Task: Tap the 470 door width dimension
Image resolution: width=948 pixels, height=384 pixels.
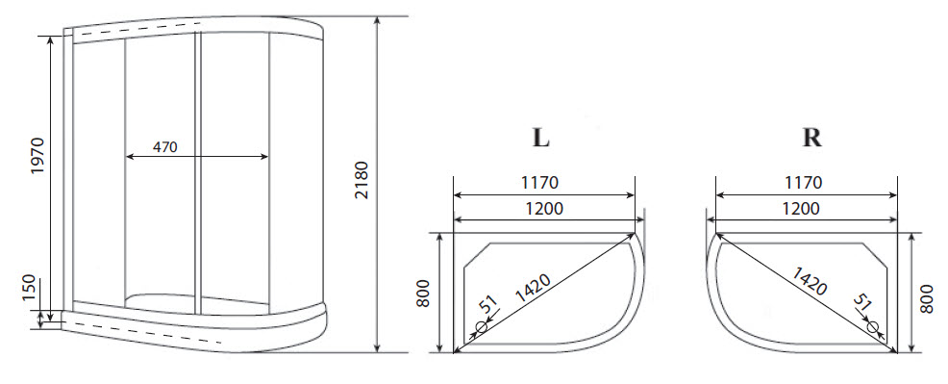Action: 165,148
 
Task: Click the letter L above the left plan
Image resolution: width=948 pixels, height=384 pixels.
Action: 541,138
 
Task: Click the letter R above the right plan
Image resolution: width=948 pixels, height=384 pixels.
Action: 811,138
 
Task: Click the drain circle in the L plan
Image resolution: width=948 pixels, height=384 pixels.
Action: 481,326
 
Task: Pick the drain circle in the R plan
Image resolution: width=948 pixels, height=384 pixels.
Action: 873,327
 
